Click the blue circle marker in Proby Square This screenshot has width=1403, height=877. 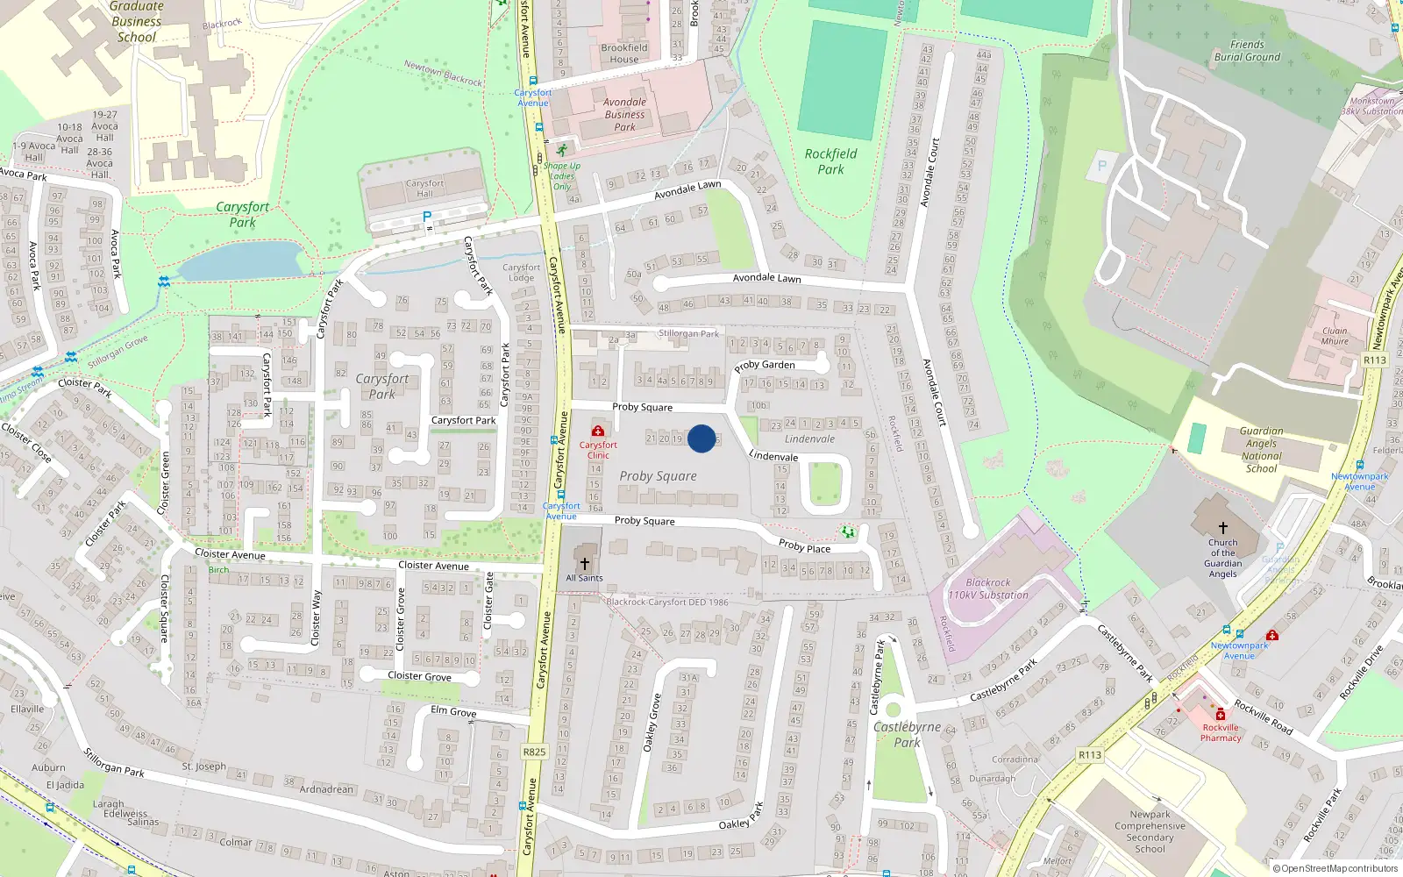701,438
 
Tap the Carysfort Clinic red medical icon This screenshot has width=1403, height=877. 598,431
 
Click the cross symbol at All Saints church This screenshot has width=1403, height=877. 585,563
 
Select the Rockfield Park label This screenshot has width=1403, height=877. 830,161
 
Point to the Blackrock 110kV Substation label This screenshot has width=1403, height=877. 988,588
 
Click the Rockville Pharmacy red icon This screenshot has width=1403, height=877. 1220,715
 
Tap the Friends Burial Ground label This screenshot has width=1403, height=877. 1247,51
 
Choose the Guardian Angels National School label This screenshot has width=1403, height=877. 1261,450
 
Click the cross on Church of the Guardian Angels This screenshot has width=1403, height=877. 1222,528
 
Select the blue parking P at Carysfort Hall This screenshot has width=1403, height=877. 427,217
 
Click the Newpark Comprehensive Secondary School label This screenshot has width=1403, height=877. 1150,831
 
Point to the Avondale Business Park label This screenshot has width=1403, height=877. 624,115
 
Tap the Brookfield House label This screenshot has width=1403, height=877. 624,53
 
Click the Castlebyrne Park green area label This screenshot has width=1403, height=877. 907,734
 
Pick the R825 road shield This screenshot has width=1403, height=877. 534,752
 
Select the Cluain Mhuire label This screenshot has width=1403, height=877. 1335,336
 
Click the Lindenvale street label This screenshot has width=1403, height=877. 773,456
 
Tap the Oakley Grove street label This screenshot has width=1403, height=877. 652,723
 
